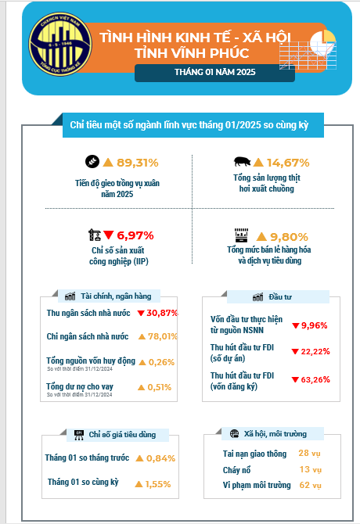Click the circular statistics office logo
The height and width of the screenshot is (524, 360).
[x=60, y=44]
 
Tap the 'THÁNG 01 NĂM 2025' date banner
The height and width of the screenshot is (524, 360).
[x=214, y=72]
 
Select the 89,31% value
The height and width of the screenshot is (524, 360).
[x=138, y=163]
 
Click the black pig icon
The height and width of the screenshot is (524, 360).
[x=243, y=162]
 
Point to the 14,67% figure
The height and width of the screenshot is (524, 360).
[x=288, y=163]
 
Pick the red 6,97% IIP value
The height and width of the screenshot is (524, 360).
[x=135, y=235]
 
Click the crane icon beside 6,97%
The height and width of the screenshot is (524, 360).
[x=95, y=235]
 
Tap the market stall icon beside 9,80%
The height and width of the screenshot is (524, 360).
[x=241, y=235]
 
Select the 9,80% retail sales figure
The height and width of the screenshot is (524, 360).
[x=289, y=237]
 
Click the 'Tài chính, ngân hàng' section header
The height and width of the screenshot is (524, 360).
[x=116, y=296]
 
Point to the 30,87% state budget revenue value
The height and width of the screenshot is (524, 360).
[x=162, y=313]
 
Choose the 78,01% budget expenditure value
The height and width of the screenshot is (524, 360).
[x=163, y=336]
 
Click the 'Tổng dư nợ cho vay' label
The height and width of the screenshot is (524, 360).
[x=80, y=386]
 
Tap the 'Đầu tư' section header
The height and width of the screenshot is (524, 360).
[x=280, y=296]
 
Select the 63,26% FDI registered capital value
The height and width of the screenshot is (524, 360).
[x=315, y=379]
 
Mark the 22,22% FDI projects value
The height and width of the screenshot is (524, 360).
[x=315, y=352]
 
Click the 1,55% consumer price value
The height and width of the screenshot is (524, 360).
[x=158, y=484]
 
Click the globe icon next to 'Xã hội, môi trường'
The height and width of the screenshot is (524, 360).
[x=234, y=434]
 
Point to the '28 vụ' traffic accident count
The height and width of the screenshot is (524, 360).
[x=309, y=454]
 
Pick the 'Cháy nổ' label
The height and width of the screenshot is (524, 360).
[x=236, y=470]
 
